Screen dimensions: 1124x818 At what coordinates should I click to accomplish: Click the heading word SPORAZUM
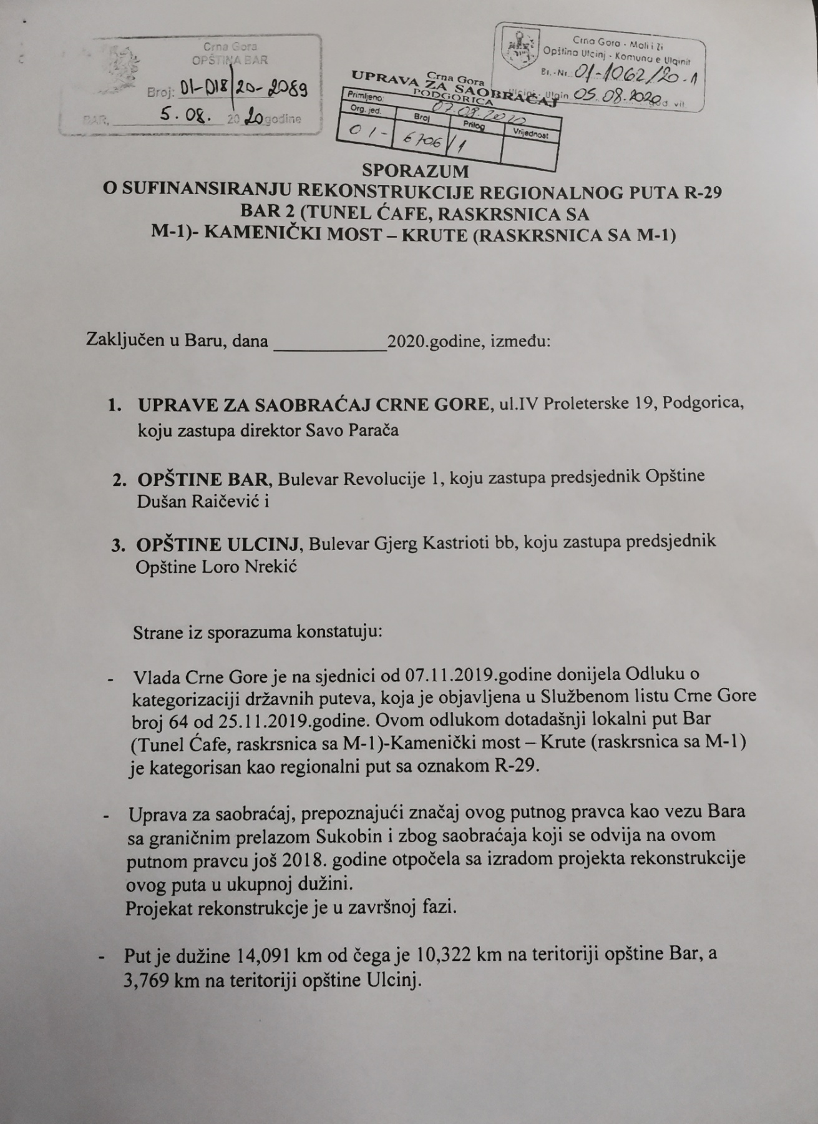coord(415,170)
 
